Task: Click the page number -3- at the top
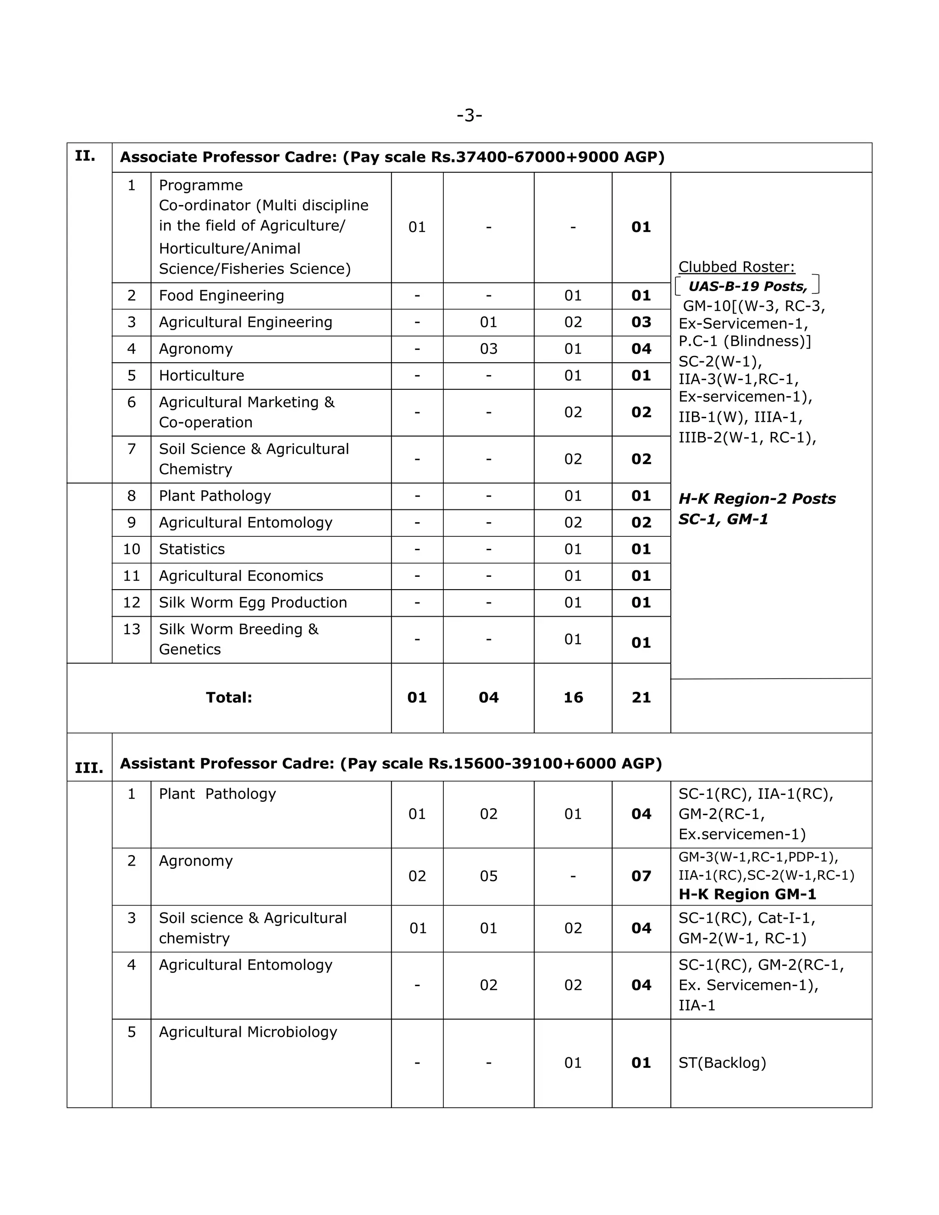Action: [x=469, y=116]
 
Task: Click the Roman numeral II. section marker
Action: [x=85, y=156]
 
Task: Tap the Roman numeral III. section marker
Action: [x=89, y=768]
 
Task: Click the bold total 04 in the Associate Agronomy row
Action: [x=641, y=349]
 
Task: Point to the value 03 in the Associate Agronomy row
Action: [x=488, y=349]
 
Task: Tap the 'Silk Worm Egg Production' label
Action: [x=253, y=602]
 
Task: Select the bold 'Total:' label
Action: [x=229, y=698]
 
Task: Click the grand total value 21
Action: [x=641, y=698]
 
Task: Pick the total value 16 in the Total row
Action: [x=573, y=698]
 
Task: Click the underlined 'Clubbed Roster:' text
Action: [x=736, y=267]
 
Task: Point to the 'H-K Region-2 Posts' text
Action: [x=757, y=498]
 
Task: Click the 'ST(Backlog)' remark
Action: [x=722, y=1063]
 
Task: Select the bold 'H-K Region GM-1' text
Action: [x=747, y=894]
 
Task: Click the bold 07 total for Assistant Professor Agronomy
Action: [x=641, y=876]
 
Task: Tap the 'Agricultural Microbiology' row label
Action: [x=248, y=1032]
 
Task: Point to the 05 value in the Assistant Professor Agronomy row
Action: [x=488, y=876]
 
